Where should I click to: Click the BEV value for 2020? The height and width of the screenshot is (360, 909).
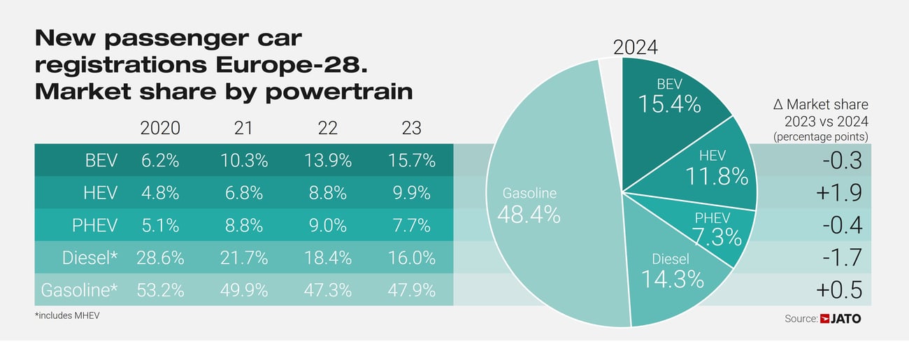click(160, 160)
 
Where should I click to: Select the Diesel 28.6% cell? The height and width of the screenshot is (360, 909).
click(160, 257)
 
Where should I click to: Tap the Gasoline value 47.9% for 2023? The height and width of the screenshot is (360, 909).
click(411, 289)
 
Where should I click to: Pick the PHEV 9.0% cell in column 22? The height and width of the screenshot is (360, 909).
click(327, 225)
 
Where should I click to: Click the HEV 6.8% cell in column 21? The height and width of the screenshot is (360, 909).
click(243, 193)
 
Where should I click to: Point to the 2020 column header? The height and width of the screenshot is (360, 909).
click(160, 128)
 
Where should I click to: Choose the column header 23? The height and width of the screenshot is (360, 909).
click(411, 128)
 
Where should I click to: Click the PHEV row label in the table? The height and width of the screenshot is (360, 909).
click(95, 225)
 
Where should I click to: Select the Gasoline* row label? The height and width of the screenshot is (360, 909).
click(79, 289)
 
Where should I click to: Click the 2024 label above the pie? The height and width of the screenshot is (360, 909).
click(635, 47)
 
